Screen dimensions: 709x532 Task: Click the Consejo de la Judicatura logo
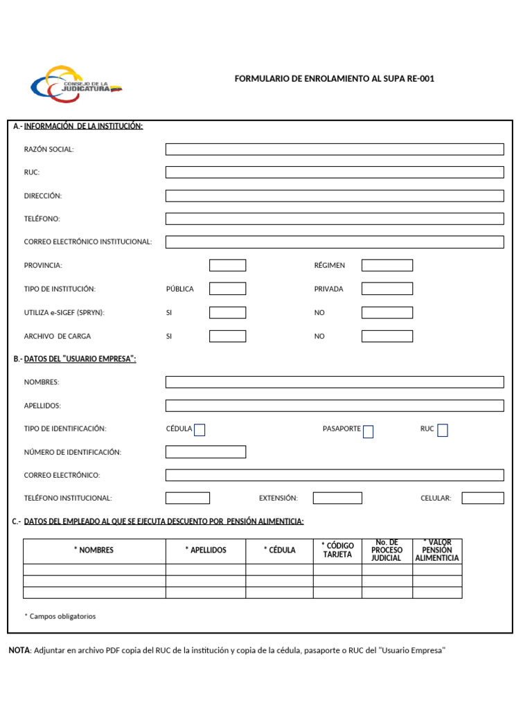tap(76, 84)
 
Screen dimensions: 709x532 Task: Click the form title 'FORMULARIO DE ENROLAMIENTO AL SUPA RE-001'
tap(335, 79)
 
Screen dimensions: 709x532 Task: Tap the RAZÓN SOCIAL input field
tap(335, 150)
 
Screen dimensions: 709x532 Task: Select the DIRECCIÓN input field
tap(335, 196)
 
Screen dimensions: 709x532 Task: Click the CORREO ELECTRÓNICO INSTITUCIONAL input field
tap(335, 242)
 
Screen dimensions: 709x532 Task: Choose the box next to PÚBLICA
tap(227, 289)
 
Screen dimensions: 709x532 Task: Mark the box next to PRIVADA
tap(387, 289)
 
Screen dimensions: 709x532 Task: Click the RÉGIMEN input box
tap(387, 265)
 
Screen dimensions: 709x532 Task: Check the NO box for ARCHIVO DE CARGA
tap(387, 336)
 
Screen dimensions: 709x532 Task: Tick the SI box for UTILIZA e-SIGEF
tap(227, 313)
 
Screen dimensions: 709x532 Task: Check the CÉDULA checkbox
tap(199, 430)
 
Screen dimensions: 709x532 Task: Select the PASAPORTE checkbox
tap(369, 432)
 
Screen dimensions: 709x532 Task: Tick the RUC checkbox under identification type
tap(443, 431)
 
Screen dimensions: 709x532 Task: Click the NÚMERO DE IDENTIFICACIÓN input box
tap(205, 452)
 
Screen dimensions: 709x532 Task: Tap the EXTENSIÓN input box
tap(337, 498)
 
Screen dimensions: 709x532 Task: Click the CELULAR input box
tap(483, 498)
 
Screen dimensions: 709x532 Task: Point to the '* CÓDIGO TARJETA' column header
tap(337, 550)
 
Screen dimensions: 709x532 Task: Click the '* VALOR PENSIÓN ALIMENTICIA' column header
tap(437, 550)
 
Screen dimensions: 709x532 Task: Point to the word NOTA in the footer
tap(19, 651)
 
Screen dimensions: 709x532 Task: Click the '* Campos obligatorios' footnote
tap(60, 616)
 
